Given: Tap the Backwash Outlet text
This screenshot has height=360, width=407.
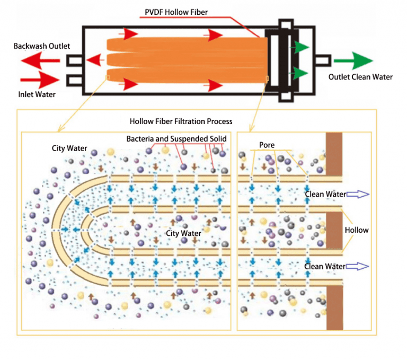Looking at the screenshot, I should [x=42, y=46].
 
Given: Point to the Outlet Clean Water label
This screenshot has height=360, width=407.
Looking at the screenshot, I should [x=360, y=77].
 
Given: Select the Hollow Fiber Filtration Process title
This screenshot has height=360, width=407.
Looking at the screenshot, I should [x=181, y=121].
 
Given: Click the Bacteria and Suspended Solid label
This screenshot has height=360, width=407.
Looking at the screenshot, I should [x=176, y=139].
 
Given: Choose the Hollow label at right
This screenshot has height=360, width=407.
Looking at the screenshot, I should [x=357, y=230].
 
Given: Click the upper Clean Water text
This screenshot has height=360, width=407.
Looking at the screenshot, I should [x=325, y=195].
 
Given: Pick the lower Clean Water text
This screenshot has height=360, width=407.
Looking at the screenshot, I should [x=325, y=266].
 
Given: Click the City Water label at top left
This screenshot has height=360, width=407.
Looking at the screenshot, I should [x=69, y=147].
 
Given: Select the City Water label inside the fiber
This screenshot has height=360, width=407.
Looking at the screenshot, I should [x=184, y=233].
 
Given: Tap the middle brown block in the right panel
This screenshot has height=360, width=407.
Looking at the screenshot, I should [x=334, y=230].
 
